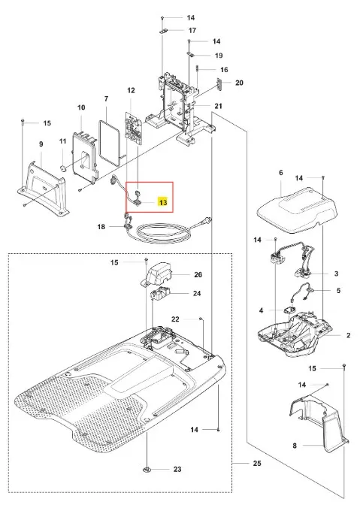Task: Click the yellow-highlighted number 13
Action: click(x=163, y=203)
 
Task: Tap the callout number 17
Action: click(x=192, y=31)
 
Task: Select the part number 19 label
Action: click(x=219, y=56)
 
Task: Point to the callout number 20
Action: click(x=239, y=83)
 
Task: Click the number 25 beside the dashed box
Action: click(x=257, y=464)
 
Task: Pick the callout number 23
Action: click(x=177, y=470)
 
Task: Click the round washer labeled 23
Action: click(x=147, y=470)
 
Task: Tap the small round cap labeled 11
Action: click(x=62, y=167)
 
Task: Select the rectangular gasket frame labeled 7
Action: click(x=110, y=144)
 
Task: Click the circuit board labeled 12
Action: click(x=134, y=128)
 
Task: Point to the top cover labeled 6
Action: click(x=296, y=210)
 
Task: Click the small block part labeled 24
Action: click(x=160, y=295)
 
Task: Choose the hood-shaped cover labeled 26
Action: click(x=156, y=273)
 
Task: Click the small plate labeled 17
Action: click(x=164, y=31)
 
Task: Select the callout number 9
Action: click(x=41, y=144)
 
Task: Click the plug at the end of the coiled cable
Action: click(x=207, y=221)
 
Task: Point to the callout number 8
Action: click(x=295, y=446)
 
